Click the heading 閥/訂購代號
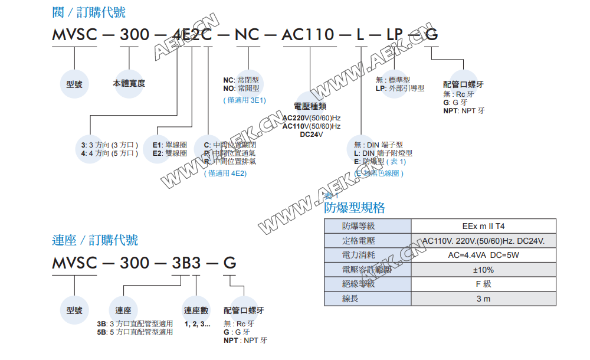88,11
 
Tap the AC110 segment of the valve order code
308,35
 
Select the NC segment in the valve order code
247,35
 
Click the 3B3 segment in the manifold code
185,263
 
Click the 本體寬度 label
129,83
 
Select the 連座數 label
196,310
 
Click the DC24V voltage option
312,135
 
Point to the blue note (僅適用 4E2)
225,174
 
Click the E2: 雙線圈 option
170,153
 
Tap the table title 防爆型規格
354,208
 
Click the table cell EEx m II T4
483,226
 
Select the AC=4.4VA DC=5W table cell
483,255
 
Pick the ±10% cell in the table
483,270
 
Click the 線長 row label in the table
350,299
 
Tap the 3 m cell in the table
483,299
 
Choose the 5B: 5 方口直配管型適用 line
135,332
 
